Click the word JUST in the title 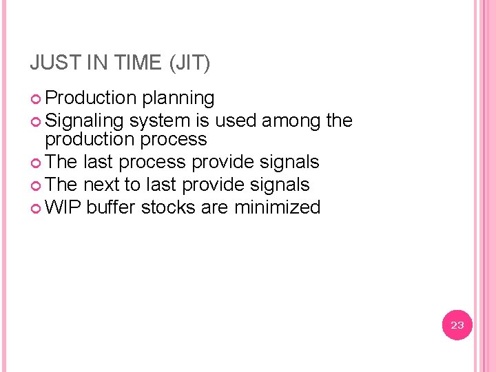(x=53, y=63)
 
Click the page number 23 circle (x=457, y=325)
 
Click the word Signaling (x=84, y=121)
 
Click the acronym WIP (x=63, y=207)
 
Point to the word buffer (x=112, y=207)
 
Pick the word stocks (x=169, y=207)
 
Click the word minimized (x=277, y=207)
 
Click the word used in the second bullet (x=234, y=121)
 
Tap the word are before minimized (x=216, y=207)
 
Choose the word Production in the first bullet (x=90, y=99)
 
